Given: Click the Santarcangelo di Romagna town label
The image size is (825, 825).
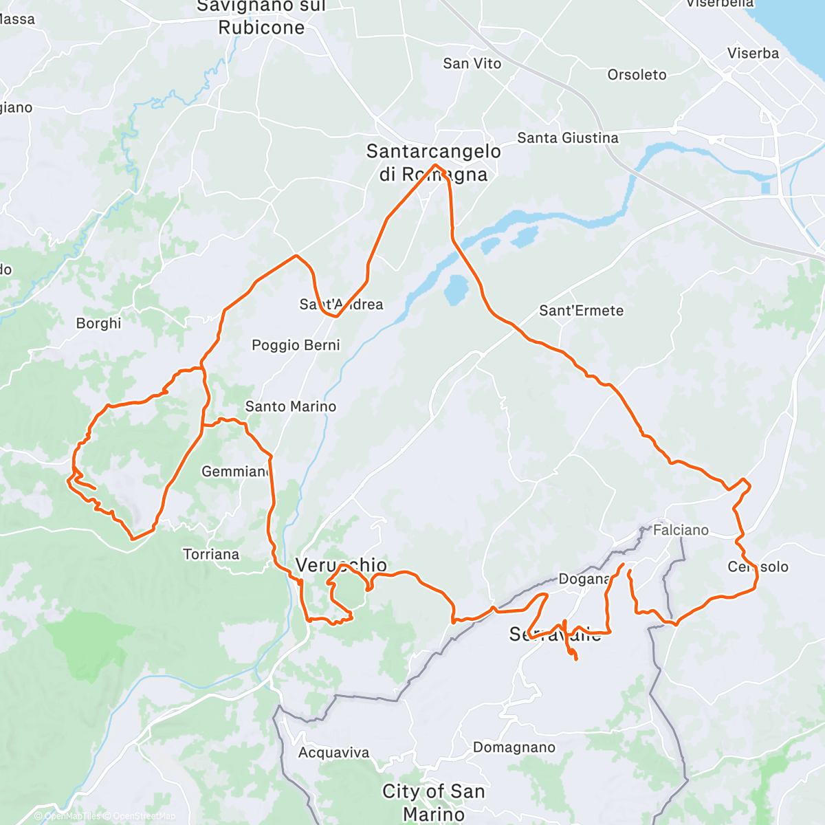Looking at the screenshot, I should (x=433, y=162).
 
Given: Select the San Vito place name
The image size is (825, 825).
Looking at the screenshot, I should (x=472, y=63).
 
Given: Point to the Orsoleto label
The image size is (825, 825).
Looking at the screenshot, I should (x=637, y=75).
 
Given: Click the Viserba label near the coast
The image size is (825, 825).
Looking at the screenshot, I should (x=753, y=54).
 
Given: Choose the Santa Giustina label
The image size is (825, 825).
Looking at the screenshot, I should (x=567, y=138).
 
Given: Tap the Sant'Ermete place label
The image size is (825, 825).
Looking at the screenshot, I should (x=581, y=311).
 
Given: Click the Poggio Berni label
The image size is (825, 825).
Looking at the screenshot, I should (x=296, y=345).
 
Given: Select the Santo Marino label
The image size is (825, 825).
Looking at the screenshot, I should (x=290, y=406).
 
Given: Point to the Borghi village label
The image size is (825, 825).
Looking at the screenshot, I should (x=98, y=323).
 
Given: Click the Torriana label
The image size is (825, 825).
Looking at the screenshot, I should (x=211, y=554).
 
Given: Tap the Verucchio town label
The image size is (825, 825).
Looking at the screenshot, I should (x=341, y=565).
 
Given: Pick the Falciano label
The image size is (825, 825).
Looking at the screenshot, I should (x=680, y=530).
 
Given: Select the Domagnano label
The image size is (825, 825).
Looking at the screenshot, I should (x=514, y=747).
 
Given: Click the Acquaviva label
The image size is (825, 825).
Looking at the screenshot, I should (x=333, y=753).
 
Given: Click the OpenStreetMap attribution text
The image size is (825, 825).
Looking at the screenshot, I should (x=144, y=816).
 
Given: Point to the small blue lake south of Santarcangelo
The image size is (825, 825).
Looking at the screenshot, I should (x=455, y=289).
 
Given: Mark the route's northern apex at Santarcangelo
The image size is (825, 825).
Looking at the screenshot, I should (x=435, y=165).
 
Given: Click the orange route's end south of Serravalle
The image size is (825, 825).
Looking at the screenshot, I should (x=575, y=659).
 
